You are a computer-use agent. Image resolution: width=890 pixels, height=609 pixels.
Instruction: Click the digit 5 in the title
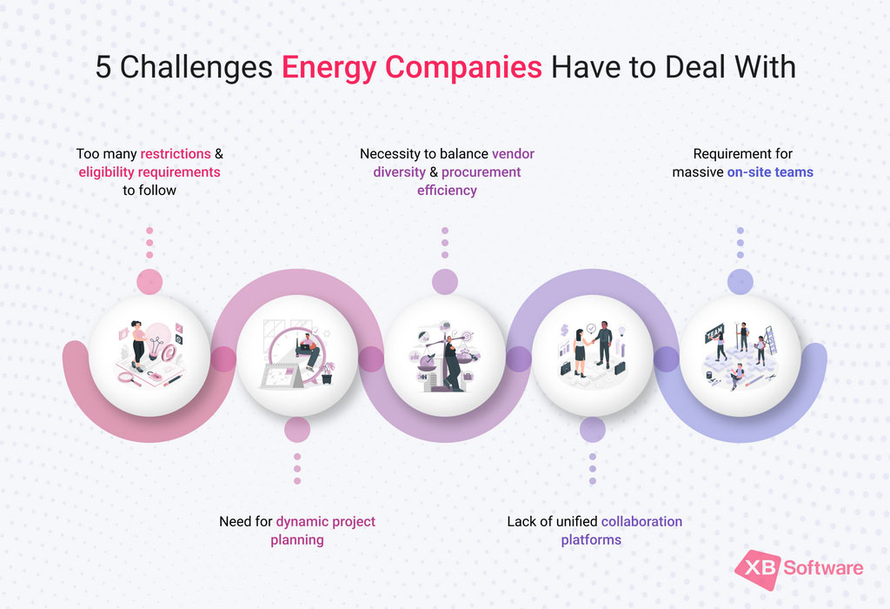click(x=103, y=67)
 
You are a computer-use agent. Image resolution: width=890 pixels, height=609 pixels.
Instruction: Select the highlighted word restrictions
click(x=176, y=154)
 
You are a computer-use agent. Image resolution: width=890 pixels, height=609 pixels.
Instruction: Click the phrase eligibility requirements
click(x=149, y=171)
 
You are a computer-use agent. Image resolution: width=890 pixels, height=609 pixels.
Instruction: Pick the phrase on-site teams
click(x=770, y=171)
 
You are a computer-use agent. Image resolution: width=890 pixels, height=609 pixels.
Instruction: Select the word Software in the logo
click(x=823, y=569)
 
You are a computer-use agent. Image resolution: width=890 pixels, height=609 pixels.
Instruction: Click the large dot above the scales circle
click(x=445, y=281)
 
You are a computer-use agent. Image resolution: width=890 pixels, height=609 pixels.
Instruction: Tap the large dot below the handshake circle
click(x=593, y=429)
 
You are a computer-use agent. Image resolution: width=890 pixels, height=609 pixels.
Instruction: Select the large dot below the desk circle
click(x=297, y=429)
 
